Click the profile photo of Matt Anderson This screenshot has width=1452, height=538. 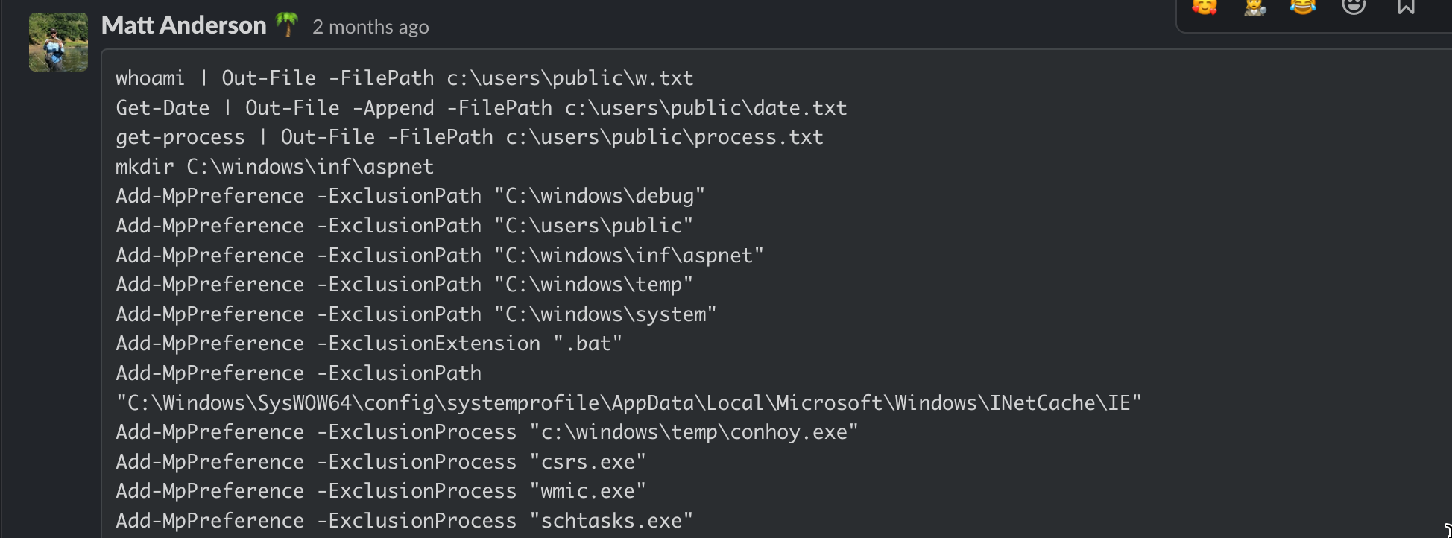pyautogui.click(x=58, y=42)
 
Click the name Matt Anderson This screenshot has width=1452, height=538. pyautogui.click(x=183, y=25)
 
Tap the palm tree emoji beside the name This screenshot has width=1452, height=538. pyautogui.click(x=287, y=25)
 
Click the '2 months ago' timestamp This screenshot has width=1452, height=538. pyautogui.click(x=370, y=27)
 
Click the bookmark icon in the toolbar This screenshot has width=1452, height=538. pyautogui.click(x=1406, y=6)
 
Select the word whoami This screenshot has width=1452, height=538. pyautogui.click(x=150, y=78)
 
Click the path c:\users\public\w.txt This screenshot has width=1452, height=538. pyautogui.click(x=569, y=78)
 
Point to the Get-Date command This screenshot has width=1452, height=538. pyautogui.click(x=162, y=108)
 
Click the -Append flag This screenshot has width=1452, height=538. pyautogui.click(x=393, y=108)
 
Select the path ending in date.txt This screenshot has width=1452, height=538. pyautogui.click(x=706, y=108)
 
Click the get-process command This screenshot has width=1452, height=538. pyautogui.click(x=180, y=138)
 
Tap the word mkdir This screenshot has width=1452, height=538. pyautogui.click(x=145, y=167)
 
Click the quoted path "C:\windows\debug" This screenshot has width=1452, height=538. pyautogui.click(x=599, y=196)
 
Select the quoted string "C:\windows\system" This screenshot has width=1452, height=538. pyautogui.click(x=605, y=314)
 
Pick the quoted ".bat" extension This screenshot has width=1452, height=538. pyautogui.click(x=587, y=344)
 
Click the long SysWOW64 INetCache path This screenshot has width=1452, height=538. pyautogui.click(x=628, y=403)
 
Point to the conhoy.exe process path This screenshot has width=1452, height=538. pyautogui.click(x=694, y=432)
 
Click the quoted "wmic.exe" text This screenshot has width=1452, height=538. pyautogui.click(x=587, y=491)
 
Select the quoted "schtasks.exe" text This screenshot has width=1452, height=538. pyautogui.click(x=611, y=521)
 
